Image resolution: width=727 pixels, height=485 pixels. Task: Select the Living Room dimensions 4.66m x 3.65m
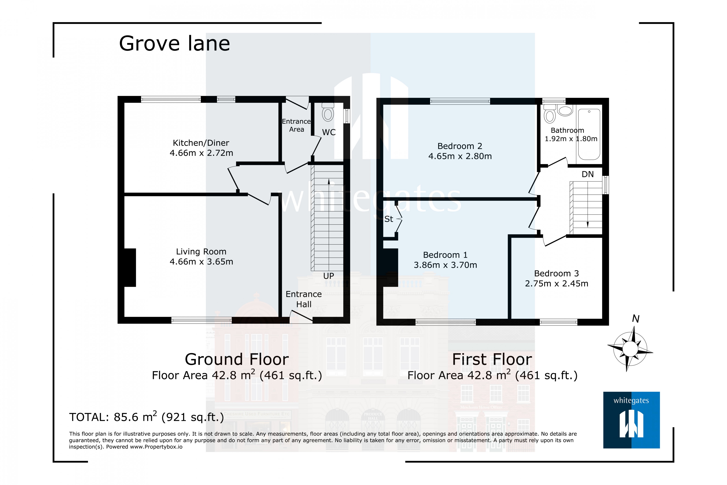click(x=201, y=262)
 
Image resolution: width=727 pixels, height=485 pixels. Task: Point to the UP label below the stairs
click(x=329, y=276)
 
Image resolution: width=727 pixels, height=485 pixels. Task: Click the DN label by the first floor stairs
click(x=588, y=174)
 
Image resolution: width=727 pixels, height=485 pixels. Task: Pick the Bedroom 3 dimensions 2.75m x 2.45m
click(x=556, y=284)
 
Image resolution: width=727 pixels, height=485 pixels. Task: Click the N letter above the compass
click(x=635, y=319)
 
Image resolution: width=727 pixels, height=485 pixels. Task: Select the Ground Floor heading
click(x=237, y=359)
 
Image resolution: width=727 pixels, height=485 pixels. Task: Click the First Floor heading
click(x=492, y=359)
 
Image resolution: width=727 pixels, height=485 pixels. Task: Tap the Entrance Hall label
click(x=304, y=299)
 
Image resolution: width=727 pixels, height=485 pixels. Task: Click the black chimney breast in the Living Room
click(x=130, y=268)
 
